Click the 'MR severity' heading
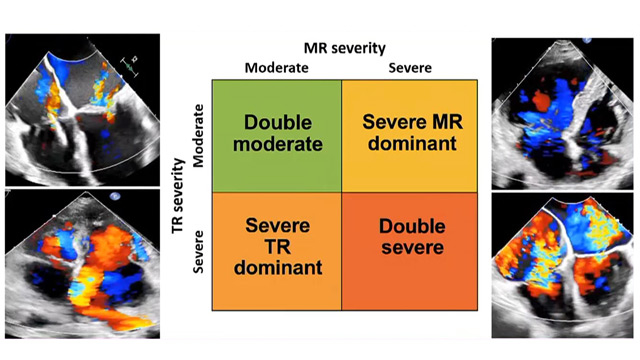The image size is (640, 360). pos(344,47)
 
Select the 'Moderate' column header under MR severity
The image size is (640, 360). pos(276,68)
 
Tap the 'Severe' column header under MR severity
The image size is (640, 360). pos(411,68)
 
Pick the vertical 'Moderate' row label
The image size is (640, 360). pos(198,135)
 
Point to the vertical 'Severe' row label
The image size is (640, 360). pos(198,252)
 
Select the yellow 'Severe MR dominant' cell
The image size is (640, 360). pos(411,135)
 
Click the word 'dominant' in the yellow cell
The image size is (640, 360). pos(411,144)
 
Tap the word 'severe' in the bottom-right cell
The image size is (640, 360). pos(411,246)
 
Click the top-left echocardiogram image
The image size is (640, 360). pos(79,108)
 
